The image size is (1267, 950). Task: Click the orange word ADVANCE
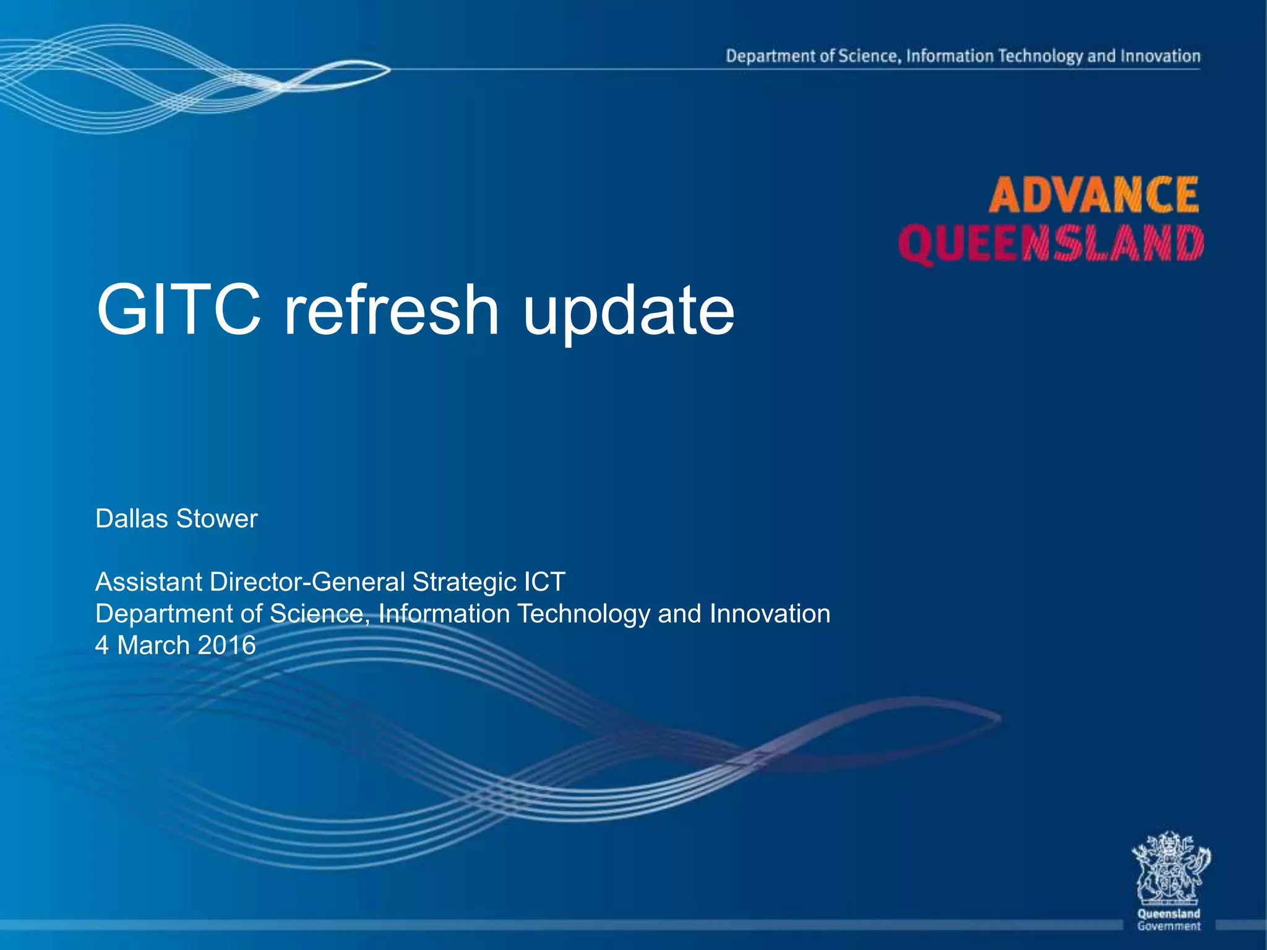click(x=1093, y=195)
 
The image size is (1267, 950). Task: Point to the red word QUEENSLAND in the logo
click(x=1051, y=244)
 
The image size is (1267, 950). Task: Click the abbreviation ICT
click(x=544, y=582)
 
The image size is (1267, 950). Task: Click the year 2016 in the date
click(x=227, y=645)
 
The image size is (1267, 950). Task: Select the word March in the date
click(x=153, y=645)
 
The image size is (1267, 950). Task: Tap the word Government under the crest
click(x=1169, y=926)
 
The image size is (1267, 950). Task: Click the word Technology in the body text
click(x=583, y=614)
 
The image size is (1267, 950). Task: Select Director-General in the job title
click(x=307, y=582)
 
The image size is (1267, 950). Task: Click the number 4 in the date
click(x=101, y=645)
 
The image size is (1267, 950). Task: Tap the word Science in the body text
click(x=316, y=614)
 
